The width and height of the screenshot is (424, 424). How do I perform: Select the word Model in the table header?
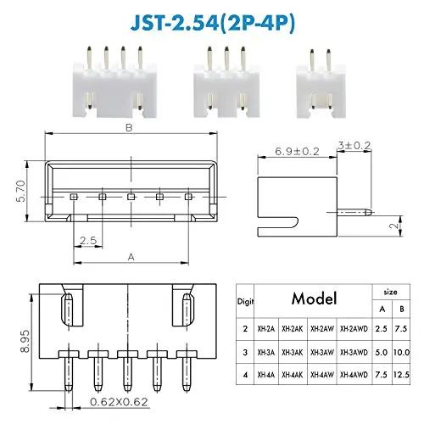pyautogui.click(x=313, y=298)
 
